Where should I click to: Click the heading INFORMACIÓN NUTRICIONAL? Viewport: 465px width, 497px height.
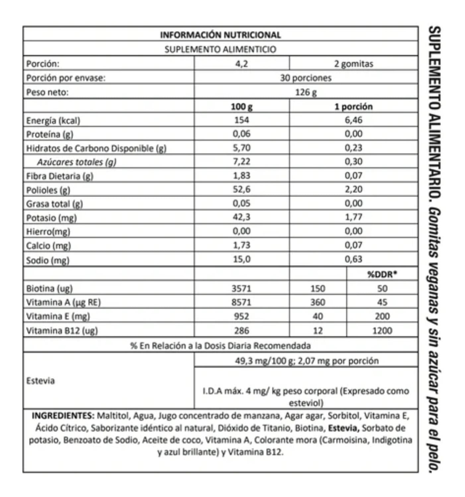(220, 35)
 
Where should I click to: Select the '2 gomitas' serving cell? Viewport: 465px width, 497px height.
(354, 64)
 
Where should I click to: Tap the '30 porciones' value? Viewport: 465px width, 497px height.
(305, 78)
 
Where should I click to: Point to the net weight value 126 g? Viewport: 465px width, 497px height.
(305, 92)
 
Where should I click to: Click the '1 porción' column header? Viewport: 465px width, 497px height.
(353, 107)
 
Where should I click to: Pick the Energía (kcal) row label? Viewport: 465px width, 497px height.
(53, 121)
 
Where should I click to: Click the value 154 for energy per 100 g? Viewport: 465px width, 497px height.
(241, 120)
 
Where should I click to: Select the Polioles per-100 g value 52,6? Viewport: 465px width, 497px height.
(241, 189)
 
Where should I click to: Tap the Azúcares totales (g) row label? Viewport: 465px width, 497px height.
(77, 162)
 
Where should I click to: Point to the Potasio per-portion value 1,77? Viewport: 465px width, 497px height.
(353, 217)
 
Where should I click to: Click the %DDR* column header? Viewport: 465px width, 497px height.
(382, 274)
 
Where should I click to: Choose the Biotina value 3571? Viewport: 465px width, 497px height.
(241, 289)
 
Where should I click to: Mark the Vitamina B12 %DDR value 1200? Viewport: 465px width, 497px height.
(382, 331)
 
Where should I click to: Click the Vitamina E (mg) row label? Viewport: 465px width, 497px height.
(58, 316)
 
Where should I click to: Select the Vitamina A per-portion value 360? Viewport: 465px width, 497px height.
(317, 302)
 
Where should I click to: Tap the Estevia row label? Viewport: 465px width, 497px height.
(40, 381)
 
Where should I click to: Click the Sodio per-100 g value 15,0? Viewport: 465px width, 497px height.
(241, 259)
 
